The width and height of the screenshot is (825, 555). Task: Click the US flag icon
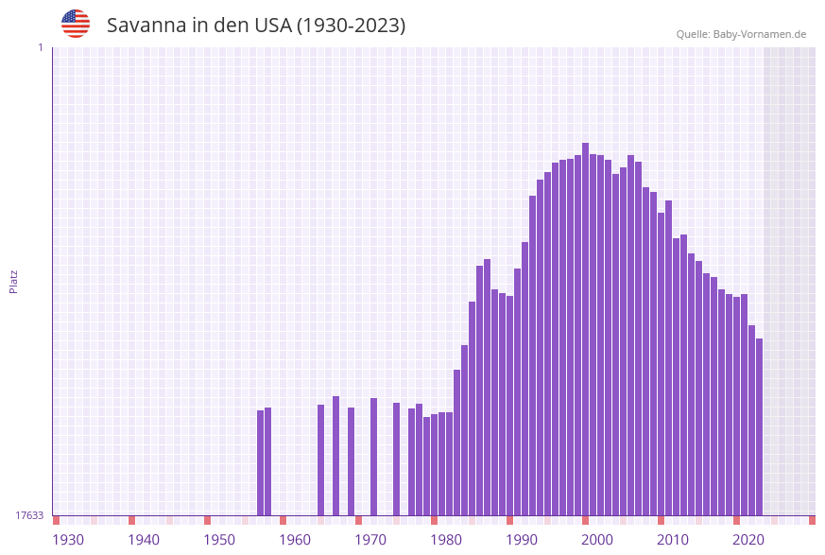pyautogui.click(x=76, y=24)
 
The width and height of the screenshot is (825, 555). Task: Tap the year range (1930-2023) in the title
pyautogui.click(x=351, y=26)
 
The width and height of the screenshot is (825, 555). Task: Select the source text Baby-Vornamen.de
pyautogui.click(x=759, y=34)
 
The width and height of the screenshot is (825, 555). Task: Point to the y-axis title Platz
pyautogui.click(x=13, y=281)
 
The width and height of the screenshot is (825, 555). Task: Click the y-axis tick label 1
pyautogui.click(x=40, y=47)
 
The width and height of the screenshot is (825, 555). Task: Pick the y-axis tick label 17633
pyautogui.click(x=29, y=515)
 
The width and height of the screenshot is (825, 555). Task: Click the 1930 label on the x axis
pyautogui.click(x=68, y=539)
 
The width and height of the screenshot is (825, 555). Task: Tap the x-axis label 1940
pyautogui.click(x=144, y=539)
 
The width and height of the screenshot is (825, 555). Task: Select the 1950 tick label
pyautogui.click(x=219, y=539)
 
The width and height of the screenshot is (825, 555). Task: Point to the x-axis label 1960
pyautogui.click(x=295, y=539)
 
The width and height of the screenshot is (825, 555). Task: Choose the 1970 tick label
pyautogui.click(x=370, y=539)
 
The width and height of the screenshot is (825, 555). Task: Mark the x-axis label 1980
pyautogui.click(x=446, y=539)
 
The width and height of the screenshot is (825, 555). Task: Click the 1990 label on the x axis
pyautogui.click(x=522, y=539)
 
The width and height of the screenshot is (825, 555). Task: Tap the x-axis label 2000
pyautogui.click(x=597, y=539)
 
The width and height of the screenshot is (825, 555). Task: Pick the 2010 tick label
pyautogui.click(x=673, y=539)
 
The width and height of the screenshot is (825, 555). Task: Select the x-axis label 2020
pyautogui.click(x=748, y=539)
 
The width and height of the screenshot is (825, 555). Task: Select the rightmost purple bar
pyautogui.click(x=759, y=426)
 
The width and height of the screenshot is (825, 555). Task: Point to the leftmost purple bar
pyautogui.click(x=261, y=462)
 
